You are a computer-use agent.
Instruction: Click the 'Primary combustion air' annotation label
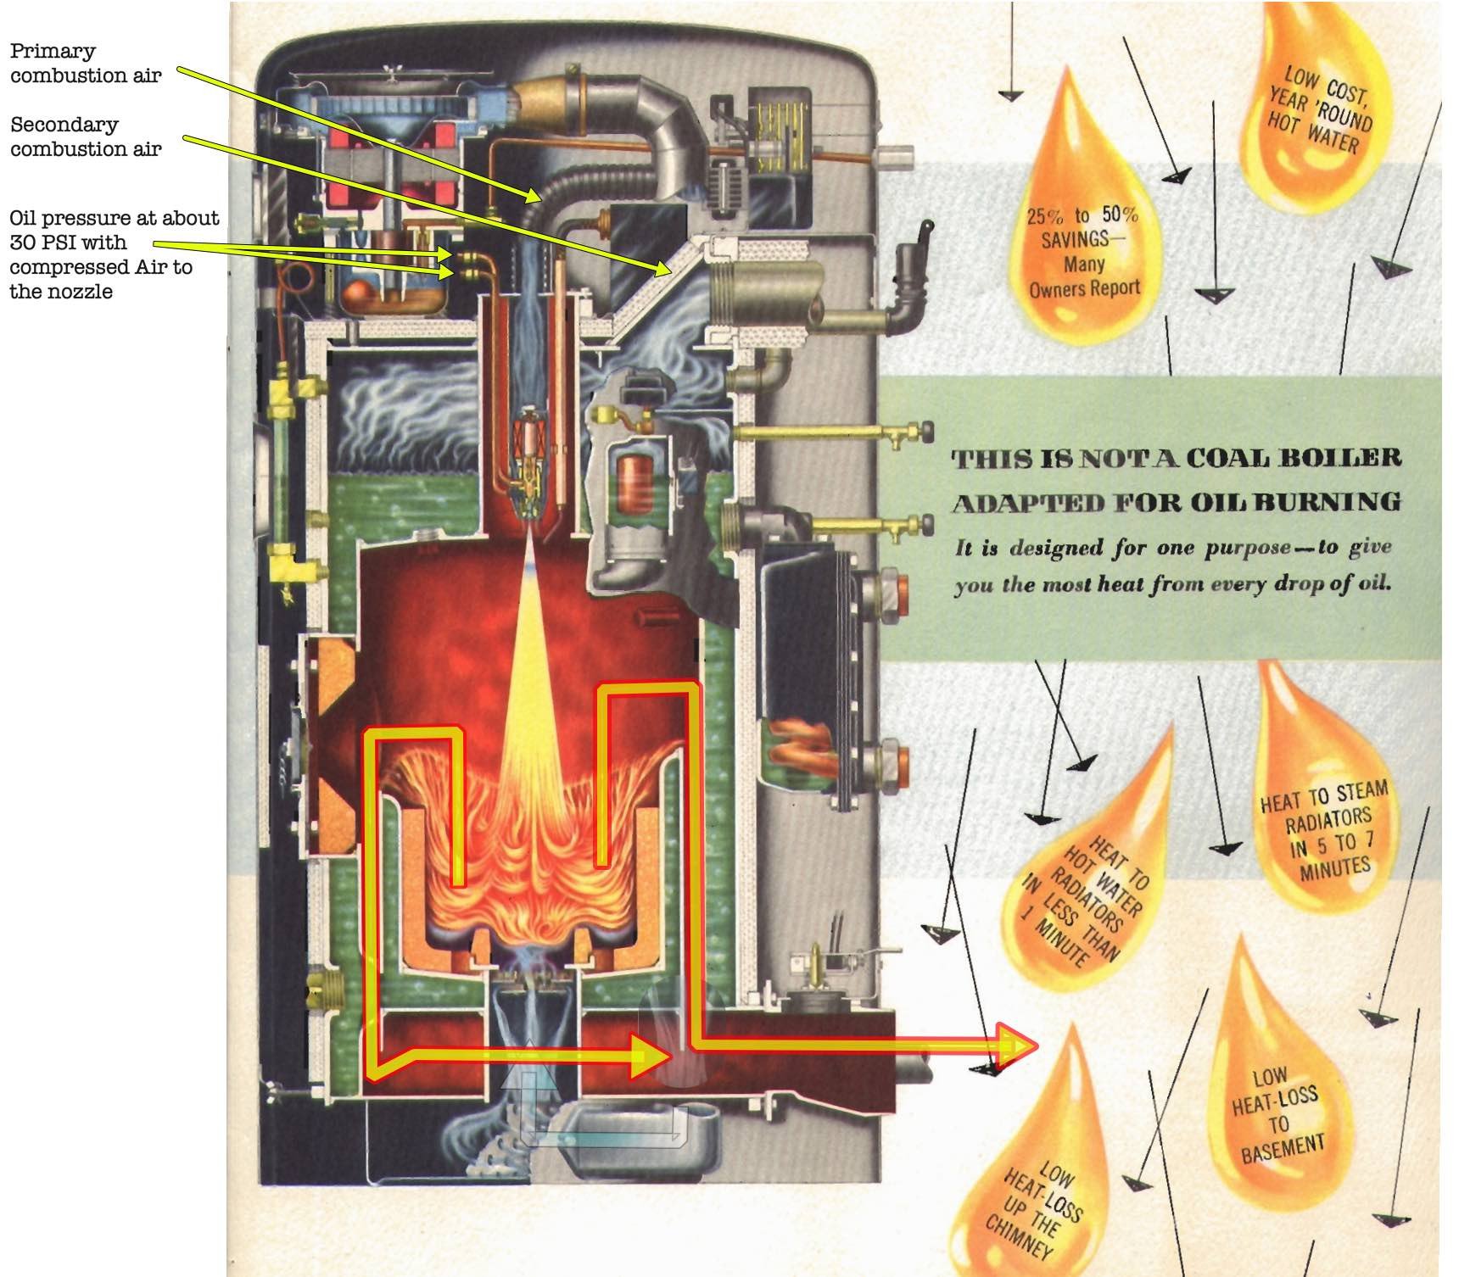pyautogui.click(x=85, y=63)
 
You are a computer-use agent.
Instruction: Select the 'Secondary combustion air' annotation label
pyautogui.click(x=85, y=137)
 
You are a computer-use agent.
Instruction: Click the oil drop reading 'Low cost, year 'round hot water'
pyautogui.click(x=1316, y=110)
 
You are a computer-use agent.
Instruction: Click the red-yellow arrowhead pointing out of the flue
pyautogui.click(x=1017, y=1046)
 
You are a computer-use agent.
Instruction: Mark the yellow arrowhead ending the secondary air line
pyautogui.click(x=665, y=270)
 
